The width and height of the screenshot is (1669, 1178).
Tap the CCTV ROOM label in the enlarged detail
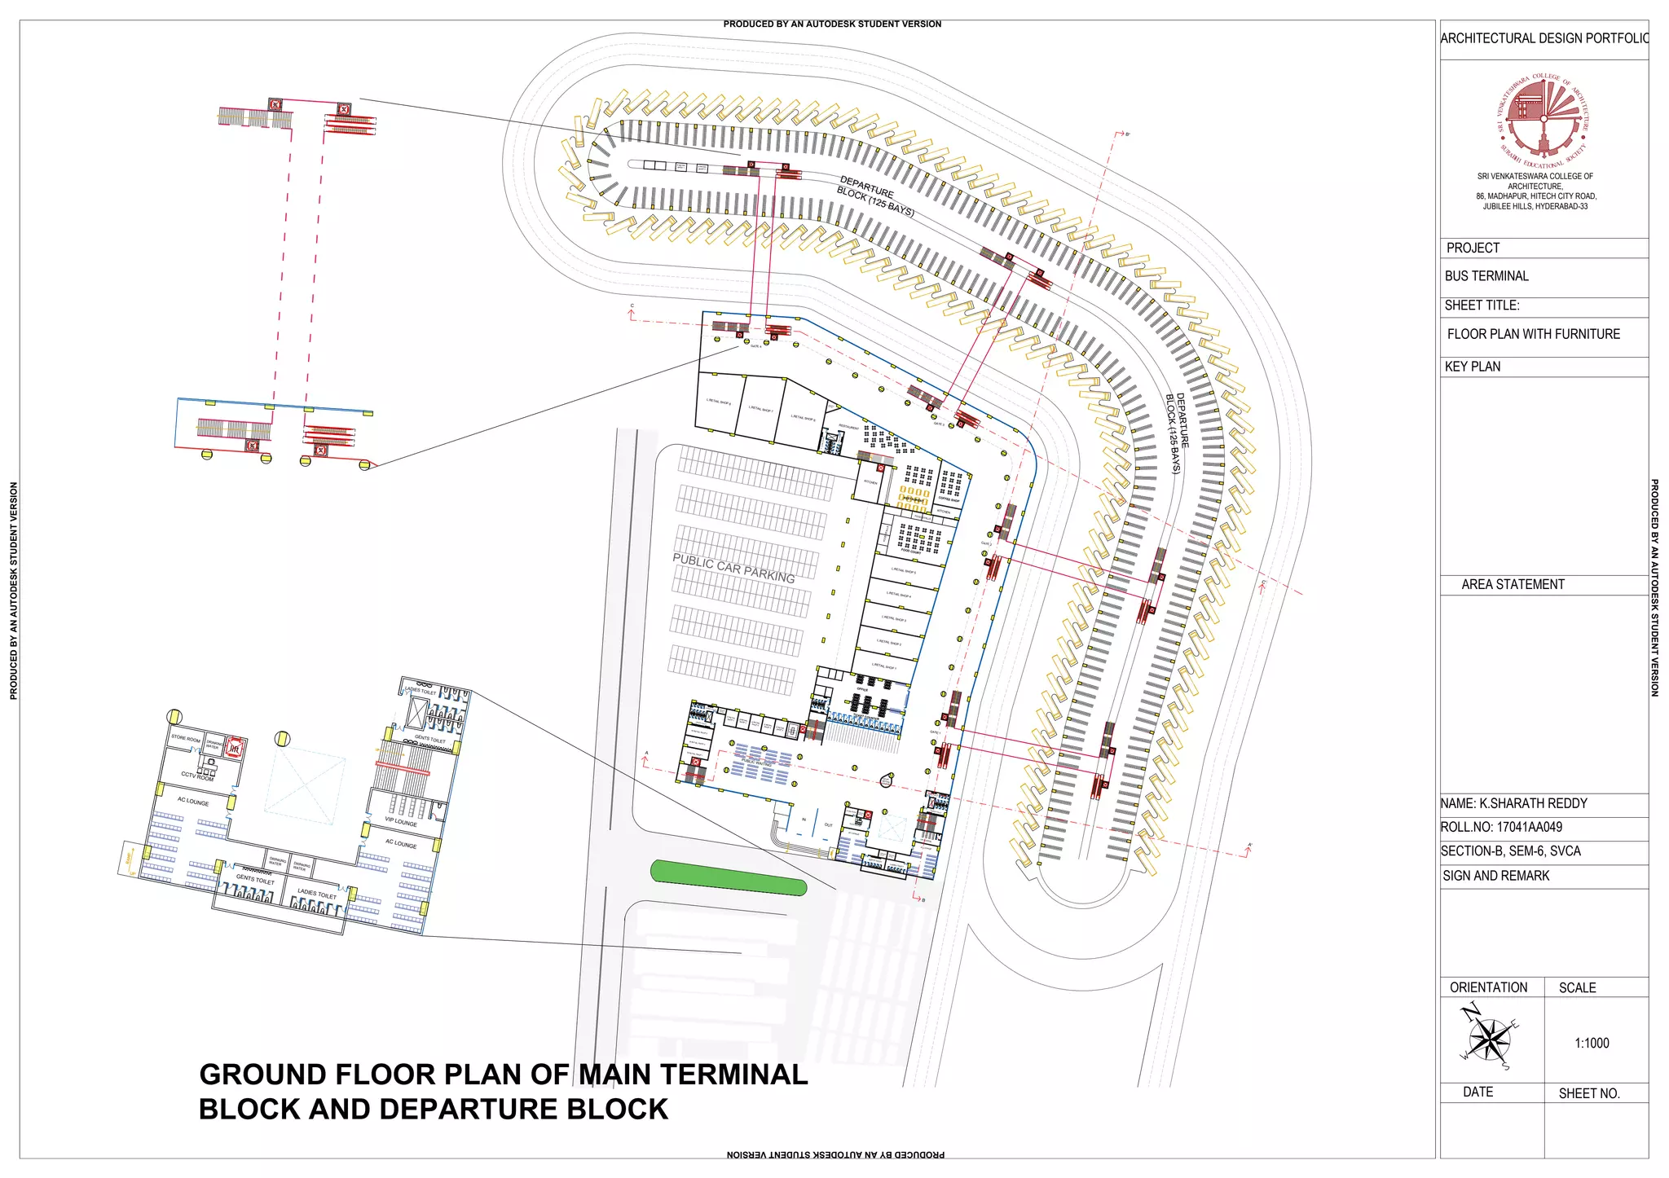[197, 776]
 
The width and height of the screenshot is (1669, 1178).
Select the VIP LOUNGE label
[401, 821]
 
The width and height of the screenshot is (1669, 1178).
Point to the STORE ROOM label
[185, 739]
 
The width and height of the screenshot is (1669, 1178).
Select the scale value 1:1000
[1592, 1043]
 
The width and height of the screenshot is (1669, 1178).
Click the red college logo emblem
[1543, 116]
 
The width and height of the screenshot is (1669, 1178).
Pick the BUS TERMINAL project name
[1486, 276]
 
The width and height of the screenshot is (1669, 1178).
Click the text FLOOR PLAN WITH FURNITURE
[1533, 334]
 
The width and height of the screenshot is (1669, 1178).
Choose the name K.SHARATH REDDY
[1513, 803]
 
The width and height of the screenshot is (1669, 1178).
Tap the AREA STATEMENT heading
[1513, 584]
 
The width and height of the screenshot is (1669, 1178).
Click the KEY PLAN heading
[1472, 367]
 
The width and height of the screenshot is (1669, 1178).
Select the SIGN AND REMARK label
[1495, 876]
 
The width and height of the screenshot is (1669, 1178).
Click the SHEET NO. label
[1588, 1093]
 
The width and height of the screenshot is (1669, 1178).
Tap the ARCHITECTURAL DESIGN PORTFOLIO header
[1543, 38]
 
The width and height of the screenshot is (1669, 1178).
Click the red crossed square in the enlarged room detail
[234, 748]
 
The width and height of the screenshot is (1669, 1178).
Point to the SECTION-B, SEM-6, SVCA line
[1510, 851]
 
